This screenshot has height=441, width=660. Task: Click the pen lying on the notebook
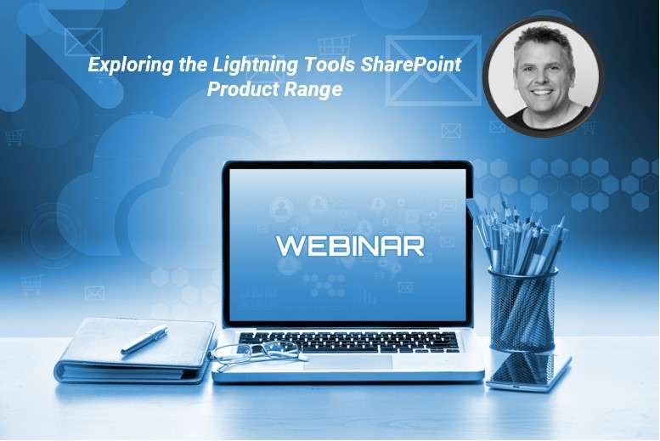click(144, 339)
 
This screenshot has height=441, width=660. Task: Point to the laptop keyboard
click(348, 341)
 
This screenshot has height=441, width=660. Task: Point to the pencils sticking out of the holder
click(514, 234)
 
